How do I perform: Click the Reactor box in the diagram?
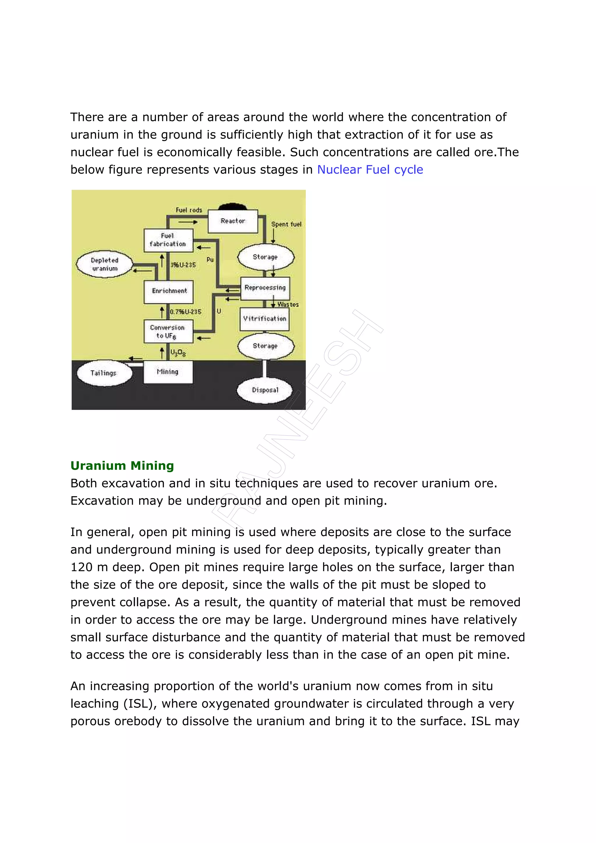point(233,221)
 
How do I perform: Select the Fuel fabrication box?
point(168,240)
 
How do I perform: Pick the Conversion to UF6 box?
point(168,332)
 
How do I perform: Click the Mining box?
point(168,372)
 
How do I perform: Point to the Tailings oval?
point(104,374)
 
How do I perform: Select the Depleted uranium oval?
point(105,264)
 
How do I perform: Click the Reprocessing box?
point(265,288)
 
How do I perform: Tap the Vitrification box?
point(265,319)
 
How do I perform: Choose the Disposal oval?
point(265,390)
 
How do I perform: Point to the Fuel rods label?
point(189,210)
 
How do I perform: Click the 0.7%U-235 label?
point(186,312)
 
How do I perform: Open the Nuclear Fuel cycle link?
point(370,170)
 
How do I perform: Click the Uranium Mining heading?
point(122,465)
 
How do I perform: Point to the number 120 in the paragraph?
point(81,567)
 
